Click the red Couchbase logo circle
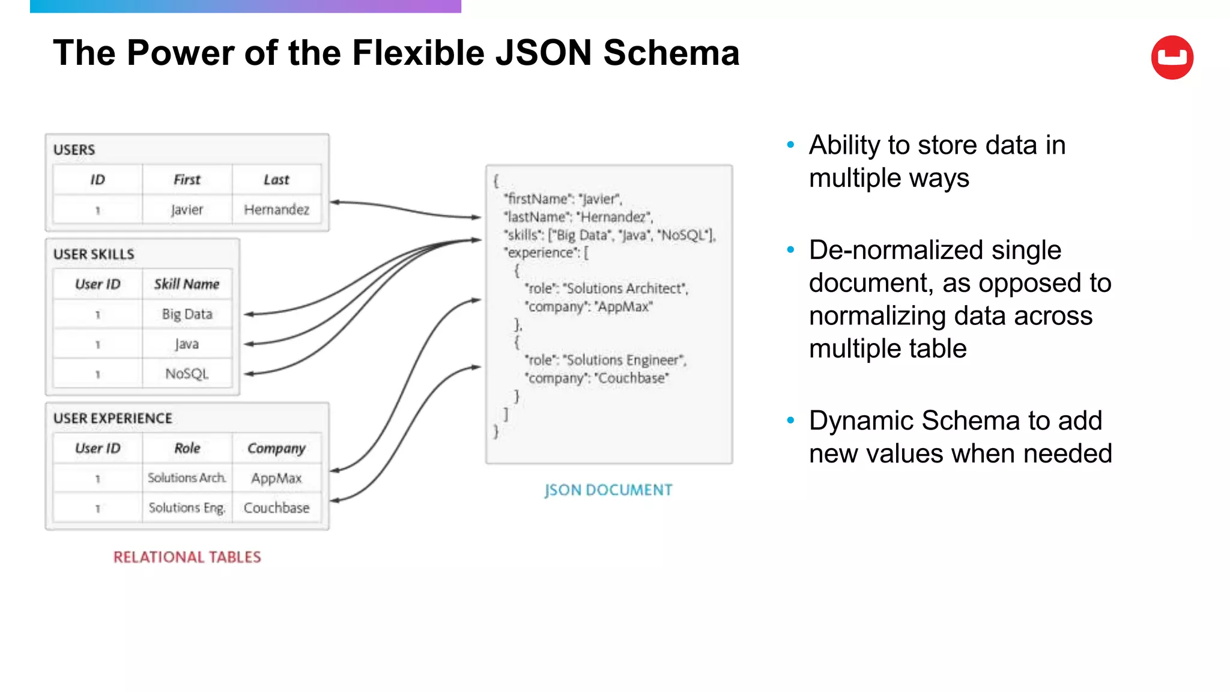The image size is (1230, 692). pos(1172,58)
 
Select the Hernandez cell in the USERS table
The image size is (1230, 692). pos(276,210)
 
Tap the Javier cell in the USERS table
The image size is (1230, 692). pos(187,210)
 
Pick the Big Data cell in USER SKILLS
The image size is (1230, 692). pos(187,314)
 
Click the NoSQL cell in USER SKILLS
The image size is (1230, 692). pos(187,374)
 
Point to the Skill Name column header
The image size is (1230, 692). pos(187,284)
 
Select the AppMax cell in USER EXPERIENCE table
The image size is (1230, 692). pos(276,478)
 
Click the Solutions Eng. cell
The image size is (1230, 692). pos(187,508)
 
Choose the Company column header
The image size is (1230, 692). pos(276,448)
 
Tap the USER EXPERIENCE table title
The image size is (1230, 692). pos(113,418)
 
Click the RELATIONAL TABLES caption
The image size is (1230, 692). pos(187,557)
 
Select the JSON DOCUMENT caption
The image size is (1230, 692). pos(608,490)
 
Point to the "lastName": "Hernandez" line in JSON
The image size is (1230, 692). pos(578,217)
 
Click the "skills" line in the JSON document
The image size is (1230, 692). pos(610,235)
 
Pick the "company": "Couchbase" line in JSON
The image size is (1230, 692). pos(596,378)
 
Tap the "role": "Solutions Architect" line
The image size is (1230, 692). pos(606,288)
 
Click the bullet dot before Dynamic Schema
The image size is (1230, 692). pos(790,420)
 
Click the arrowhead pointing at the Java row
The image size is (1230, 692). pos(248,344)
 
